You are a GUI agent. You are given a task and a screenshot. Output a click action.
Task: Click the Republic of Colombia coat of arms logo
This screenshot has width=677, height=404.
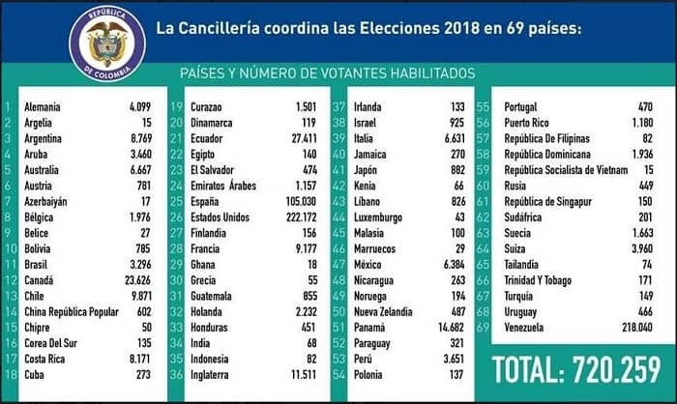tap(107, 45)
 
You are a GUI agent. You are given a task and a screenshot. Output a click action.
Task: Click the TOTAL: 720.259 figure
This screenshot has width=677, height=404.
tap(576, 371)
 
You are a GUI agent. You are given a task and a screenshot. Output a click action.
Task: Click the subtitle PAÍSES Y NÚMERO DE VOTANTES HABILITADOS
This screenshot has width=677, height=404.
tap(328, 73)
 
